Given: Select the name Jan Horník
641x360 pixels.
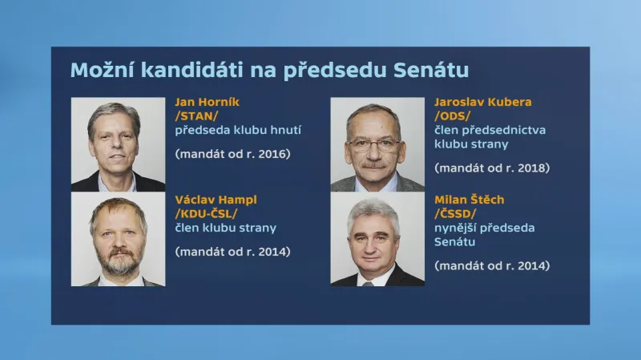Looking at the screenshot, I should [207, 102].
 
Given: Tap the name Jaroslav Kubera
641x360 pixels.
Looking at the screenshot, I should [482, 102].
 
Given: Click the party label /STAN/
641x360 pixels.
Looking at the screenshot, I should [197, 115].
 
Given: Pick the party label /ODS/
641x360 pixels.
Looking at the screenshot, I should [453, 115].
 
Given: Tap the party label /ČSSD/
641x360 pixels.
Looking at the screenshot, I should [456, 214].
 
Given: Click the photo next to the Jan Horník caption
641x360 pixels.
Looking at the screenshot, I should [118, 145].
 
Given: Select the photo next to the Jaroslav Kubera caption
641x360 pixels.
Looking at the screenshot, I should [377, 145].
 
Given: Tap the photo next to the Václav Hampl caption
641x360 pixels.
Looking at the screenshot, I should [118, 240].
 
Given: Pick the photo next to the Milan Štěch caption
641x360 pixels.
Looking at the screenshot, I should [377, 240].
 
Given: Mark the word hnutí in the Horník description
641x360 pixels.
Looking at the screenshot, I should [284, 129].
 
